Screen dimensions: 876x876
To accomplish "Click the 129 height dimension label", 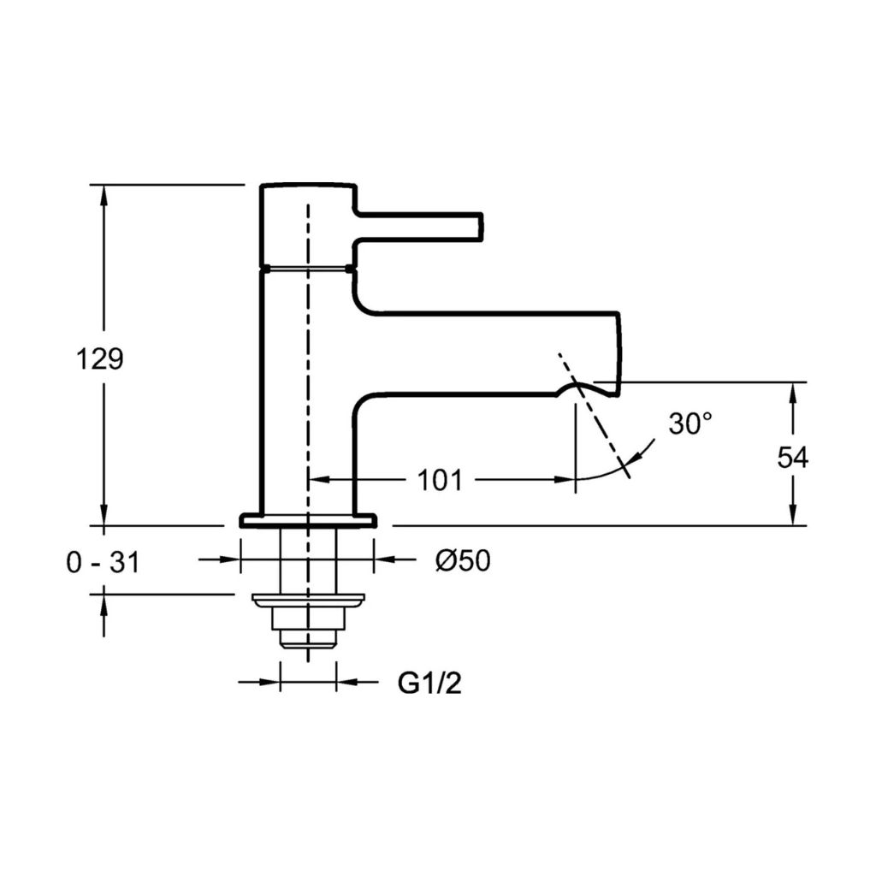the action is (99, 359).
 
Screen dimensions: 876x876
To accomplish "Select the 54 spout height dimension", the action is (793, 459).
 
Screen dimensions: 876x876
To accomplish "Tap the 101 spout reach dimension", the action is (441, 480).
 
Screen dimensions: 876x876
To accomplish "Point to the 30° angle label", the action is (690, 423).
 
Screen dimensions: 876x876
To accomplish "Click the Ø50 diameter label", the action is (463, 559).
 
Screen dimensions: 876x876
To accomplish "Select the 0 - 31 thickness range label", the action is (103, 561).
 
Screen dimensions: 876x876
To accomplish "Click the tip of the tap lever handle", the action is (482, 226).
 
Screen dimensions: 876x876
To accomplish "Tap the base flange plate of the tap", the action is (308, 520).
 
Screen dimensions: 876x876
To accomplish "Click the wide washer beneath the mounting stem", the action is (308, 599).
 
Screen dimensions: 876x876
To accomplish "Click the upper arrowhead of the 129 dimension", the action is (104, 196).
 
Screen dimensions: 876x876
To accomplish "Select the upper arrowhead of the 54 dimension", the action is (793, 394).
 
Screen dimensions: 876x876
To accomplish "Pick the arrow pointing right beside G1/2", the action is (269, 682).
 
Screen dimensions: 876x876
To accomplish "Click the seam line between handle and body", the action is (308, 269).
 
